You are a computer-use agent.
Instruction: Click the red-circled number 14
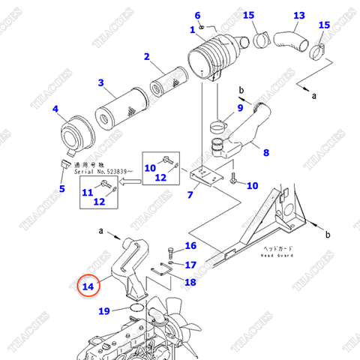click(88, 285)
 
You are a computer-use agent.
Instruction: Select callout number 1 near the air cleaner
click(193, 29)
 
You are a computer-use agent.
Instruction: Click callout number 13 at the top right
click(299, 16)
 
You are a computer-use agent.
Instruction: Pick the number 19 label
click(103, 310)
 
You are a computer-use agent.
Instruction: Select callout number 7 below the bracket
click(190, 195)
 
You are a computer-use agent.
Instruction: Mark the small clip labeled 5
click(65, 164)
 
